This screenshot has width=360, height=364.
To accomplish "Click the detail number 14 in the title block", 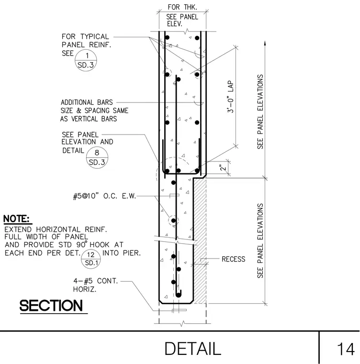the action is [x=346, y=349].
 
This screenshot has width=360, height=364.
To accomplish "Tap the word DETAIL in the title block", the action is [x=192, y=349].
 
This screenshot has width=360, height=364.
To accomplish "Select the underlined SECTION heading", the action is [x=51, y=306].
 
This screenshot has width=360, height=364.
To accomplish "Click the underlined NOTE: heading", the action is [x=16, y=219].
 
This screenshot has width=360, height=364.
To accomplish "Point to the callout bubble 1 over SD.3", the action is [x=86, y=60].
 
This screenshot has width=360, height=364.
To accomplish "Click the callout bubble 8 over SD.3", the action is [x=97, y=157].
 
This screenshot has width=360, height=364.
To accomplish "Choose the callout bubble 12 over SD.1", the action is [x=91, y=259].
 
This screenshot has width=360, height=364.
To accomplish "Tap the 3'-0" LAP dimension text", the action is [x=231, y=97].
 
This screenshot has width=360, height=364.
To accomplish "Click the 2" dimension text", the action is [x=223, y=168].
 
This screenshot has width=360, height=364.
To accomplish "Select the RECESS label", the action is [x=233, y=259].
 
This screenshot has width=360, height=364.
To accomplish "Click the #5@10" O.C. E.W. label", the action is [x=104, y=196].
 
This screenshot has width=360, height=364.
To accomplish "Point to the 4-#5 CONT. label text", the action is [x=96, y=281].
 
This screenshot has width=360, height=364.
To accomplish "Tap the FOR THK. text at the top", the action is [x=182, y=7].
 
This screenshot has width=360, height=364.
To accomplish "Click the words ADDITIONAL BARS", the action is [x=87, y=102].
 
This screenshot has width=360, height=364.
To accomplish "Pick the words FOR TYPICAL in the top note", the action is [x=85, y=36].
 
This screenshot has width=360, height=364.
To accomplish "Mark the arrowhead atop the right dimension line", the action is [x=265, y=43].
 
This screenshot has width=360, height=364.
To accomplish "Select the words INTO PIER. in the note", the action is [x=122, y=253].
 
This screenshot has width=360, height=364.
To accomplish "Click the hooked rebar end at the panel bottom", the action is [x=179, y=294].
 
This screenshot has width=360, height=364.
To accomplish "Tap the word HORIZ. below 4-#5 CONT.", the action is [x=85, y=289].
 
